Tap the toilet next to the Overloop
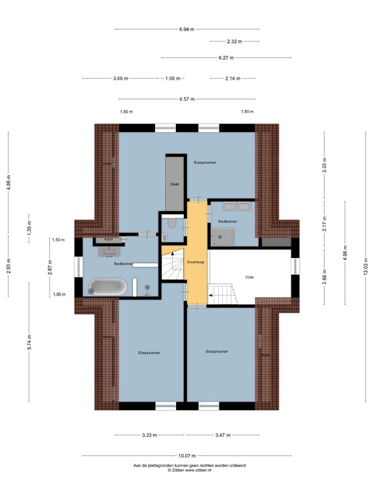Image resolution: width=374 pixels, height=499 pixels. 170,225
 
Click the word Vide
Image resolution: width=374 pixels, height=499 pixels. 249,276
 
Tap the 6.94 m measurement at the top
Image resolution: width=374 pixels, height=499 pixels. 187,29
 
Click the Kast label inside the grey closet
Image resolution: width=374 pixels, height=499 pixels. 175,185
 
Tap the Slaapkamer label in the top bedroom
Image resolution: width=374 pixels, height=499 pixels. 205,162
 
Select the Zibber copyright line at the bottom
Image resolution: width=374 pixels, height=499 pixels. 189,470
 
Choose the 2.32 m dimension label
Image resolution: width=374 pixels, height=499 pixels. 234,42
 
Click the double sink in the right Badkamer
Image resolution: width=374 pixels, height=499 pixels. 236,207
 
